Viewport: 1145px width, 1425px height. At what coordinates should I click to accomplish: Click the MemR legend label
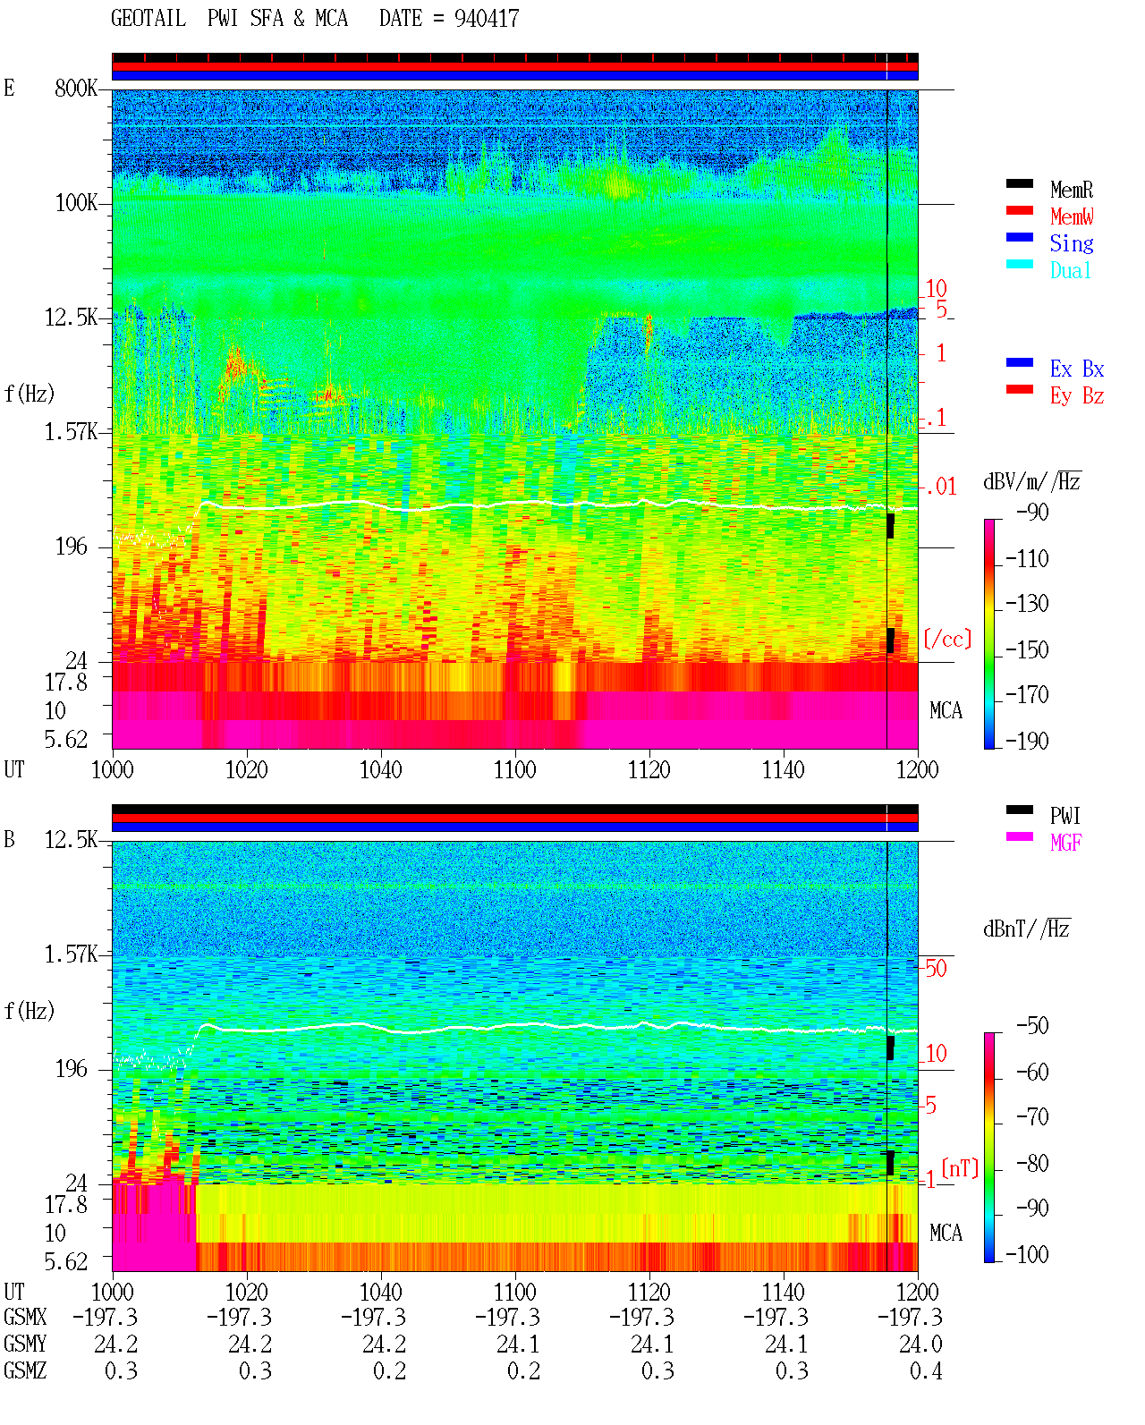[x=1071, y=190]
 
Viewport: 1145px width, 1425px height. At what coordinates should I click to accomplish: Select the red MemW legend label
[x=1072, y=216]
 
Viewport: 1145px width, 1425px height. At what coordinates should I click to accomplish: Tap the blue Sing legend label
[x=1071, y=243]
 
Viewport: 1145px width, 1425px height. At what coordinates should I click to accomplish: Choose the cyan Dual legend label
[x=1070, y=270]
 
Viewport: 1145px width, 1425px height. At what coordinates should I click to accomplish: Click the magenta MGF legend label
[x=1065, y=843]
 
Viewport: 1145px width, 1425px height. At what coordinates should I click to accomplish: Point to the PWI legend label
[x=1064, y=816]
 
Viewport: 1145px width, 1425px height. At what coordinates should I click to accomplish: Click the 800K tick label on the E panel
[x=76, y=88]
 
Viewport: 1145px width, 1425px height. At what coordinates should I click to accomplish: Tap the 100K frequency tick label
[x=76, y=203]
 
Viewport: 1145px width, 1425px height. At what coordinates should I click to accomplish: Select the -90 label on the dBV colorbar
[x=1032, y=512]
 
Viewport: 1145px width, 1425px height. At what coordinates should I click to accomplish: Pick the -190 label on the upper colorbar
[x=1027, y=741]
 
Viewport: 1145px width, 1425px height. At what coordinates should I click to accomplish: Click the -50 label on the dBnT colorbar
[x=1032, y=1026]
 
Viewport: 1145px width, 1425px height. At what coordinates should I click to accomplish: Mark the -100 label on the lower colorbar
[x=1027, y=1254]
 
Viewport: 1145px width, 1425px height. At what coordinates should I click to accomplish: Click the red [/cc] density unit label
[x=947, y=639]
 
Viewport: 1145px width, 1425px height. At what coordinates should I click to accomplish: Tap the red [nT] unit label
[x=960, y=1168]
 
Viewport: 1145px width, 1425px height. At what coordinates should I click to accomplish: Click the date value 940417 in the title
[x=487, y=19]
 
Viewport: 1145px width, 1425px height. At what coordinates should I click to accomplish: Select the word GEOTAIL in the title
[x=148, y=18]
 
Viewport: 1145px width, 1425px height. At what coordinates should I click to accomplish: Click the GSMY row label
[x=25, y=1344]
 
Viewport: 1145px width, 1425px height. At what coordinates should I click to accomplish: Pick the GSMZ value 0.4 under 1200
[x=926, y=1370]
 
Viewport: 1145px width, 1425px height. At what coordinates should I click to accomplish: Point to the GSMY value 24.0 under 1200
[x=920, y=1344]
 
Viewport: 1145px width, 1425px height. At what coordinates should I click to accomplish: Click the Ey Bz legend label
[x=1077, y=396]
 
